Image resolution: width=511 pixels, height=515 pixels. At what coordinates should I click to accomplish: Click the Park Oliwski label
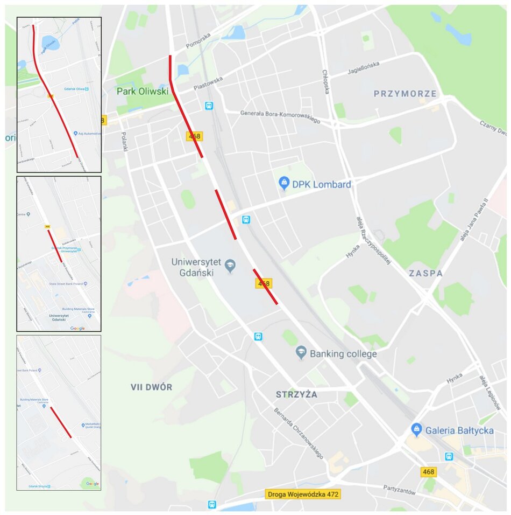(143, 92)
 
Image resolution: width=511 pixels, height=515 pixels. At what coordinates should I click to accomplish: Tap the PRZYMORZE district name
(405, 94)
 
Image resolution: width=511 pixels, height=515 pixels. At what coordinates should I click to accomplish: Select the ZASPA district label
(425, 273)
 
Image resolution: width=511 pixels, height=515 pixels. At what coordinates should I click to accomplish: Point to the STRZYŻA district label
(296, 394)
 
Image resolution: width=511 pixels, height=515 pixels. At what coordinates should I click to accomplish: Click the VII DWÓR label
(151, 387)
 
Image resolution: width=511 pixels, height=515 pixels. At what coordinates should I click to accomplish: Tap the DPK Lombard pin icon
(284, 184)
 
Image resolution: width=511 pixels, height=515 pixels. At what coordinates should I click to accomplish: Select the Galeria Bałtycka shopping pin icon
(416, 430)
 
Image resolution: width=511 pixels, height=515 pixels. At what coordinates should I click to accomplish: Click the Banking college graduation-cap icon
(301, 353)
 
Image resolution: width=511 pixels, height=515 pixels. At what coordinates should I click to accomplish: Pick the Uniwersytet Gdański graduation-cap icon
(230, 266)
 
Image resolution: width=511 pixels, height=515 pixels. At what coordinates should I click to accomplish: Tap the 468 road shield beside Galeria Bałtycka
(428, 472)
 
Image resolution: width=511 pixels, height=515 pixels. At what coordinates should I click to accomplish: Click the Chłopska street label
(325, 81)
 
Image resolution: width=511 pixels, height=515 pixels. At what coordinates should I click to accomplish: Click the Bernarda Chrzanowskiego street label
(299, 433)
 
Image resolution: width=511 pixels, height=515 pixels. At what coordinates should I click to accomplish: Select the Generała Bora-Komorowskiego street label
(272, 117)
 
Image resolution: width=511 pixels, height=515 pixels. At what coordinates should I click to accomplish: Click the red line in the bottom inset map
(61, 422)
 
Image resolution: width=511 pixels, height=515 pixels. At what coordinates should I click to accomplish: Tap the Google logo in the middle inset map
(77, 328)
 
